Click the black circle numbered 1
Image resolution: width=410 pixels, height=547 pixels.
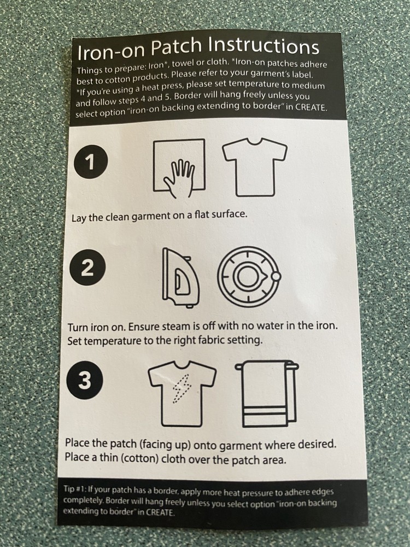coord(91,162)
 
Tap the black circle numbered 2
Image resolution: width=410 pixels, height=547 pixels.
coord(87,267)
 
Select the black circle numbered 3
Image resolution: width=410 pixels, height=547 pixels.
coord(85,380)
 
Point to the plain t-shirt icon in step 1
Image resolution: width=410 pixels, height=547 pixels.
coord(255,167)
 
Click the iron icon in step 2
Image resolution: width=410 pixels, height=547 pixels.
coord(180,278)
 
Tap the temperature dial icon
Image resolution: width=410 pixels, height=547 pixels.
coord(249,277)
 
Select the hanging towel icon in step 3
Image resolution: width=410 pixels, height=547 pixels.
coord(267,394)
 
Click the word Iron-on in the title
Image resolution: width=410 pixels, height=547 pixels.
coord(110,51)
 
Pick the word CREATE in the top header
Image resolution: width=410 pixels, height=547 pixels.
coord(311,107)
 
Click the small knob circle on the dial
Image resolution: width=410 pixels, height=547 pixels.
coord(276,276)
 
